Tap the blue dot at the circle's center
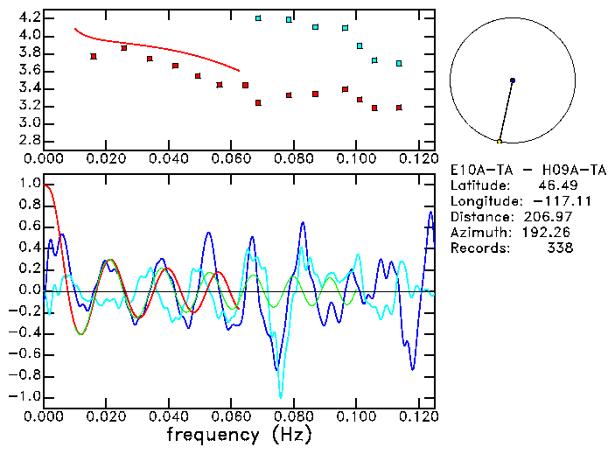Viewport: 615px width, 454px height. pyautogui.click(x=513, y=80)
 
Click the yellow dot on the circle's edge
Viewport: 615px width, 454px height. pyautogui.click(x=500, y=141)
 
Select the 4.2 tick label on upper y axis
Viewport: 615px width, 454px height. pyautogui.click(x=28, y=17)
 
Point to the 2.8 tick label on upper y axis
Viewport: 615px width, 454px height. pyautogui.click(x=28, y=140)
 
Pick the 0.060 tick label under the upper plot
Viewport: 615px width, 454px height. pyautogui.click(x=232, y=158)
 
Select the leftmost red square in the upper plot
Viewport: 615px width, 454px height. pyautogui.click(x=94, y=56)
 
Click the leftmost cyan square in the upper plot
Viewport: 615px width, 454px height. pyautogui.click(x=258, y=18)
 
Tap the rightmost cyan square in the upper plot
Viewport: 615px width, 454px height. pyautogui.click(x=399, y=63)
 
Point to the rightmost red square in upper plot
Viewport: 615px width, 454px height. pyautogui.click(x=399, y=108)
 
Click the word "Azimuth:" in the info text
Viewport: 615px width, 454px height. pyautogui.click(x=478, y=233)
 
